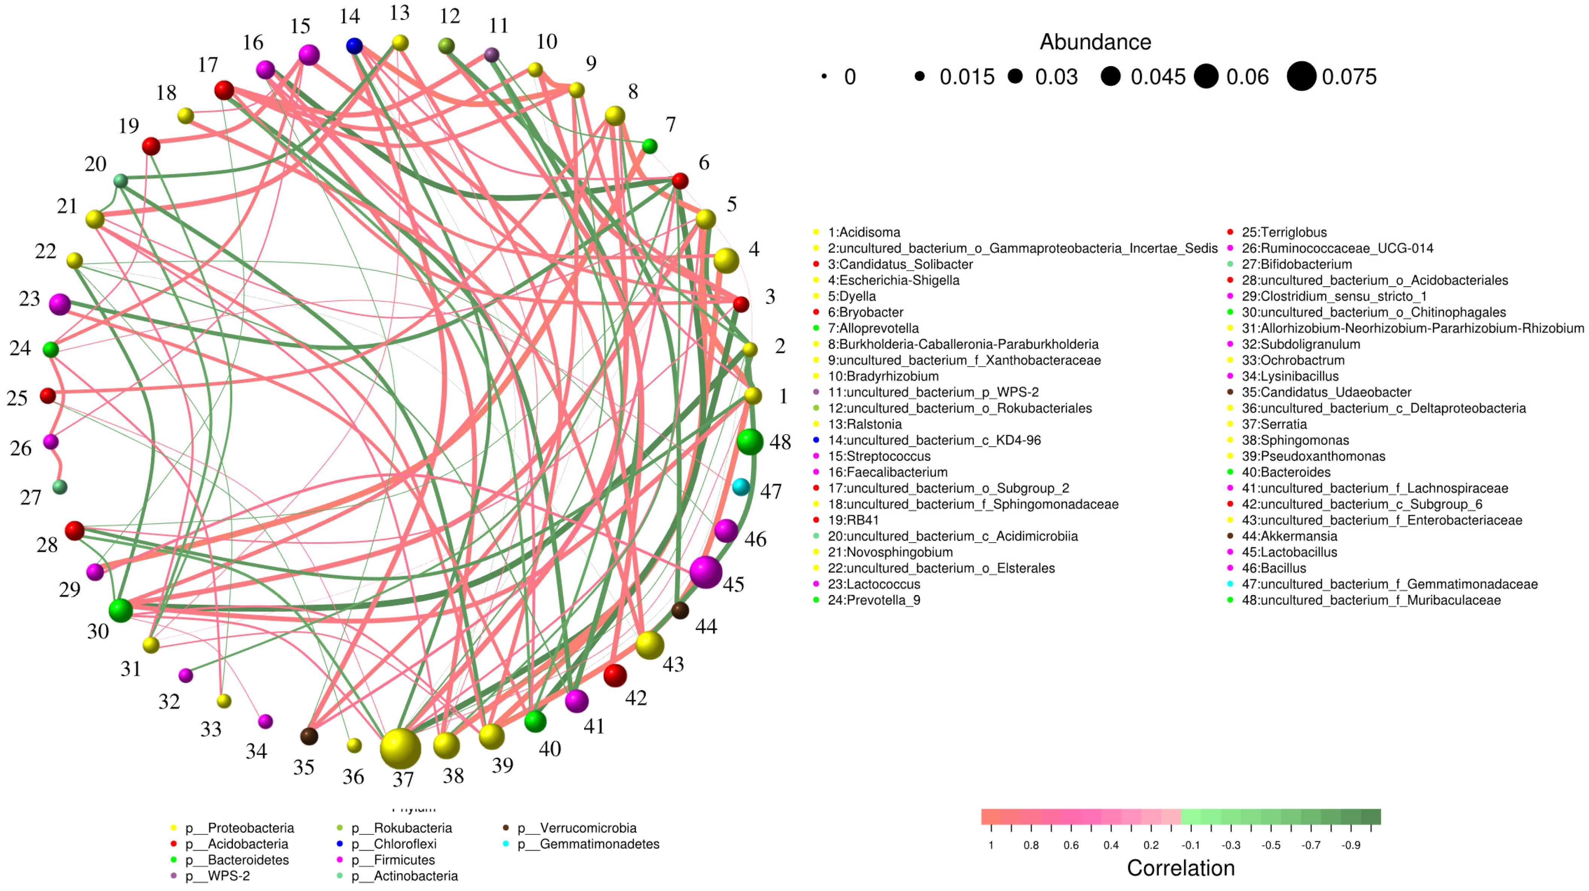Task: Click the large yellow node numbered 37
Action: (x=400, y=748)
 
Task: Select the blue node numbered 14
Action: (x=354, y=46)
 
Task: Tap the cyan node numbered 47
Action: (x=741, y=487)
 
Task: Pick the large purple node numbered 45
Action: (x=706, y=572)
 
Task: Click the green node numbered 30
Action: (x=120, y=610)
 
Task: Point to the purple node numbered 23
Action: (x=60, y=304)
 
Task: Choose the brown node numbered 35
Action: (x=309, y=736)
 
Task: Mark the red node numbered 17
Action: (x=224, y=90)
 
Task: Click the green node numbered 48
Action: (x=750, y=441)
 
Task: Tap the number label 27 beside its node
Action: (x=31, y=497)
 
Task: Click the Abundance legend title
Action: (x=1096, y=42)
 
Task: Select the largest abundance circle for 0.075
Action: (x=1301, y=76)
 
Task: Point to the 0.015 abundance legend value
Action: (x=966, y=77)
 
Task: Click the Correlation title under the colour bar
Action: (x=1181, y=868)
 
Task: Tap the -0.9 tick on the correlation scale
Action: (x=1351, y=845)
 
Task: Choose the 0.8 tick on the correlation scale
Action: (x=1031, y=845)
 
